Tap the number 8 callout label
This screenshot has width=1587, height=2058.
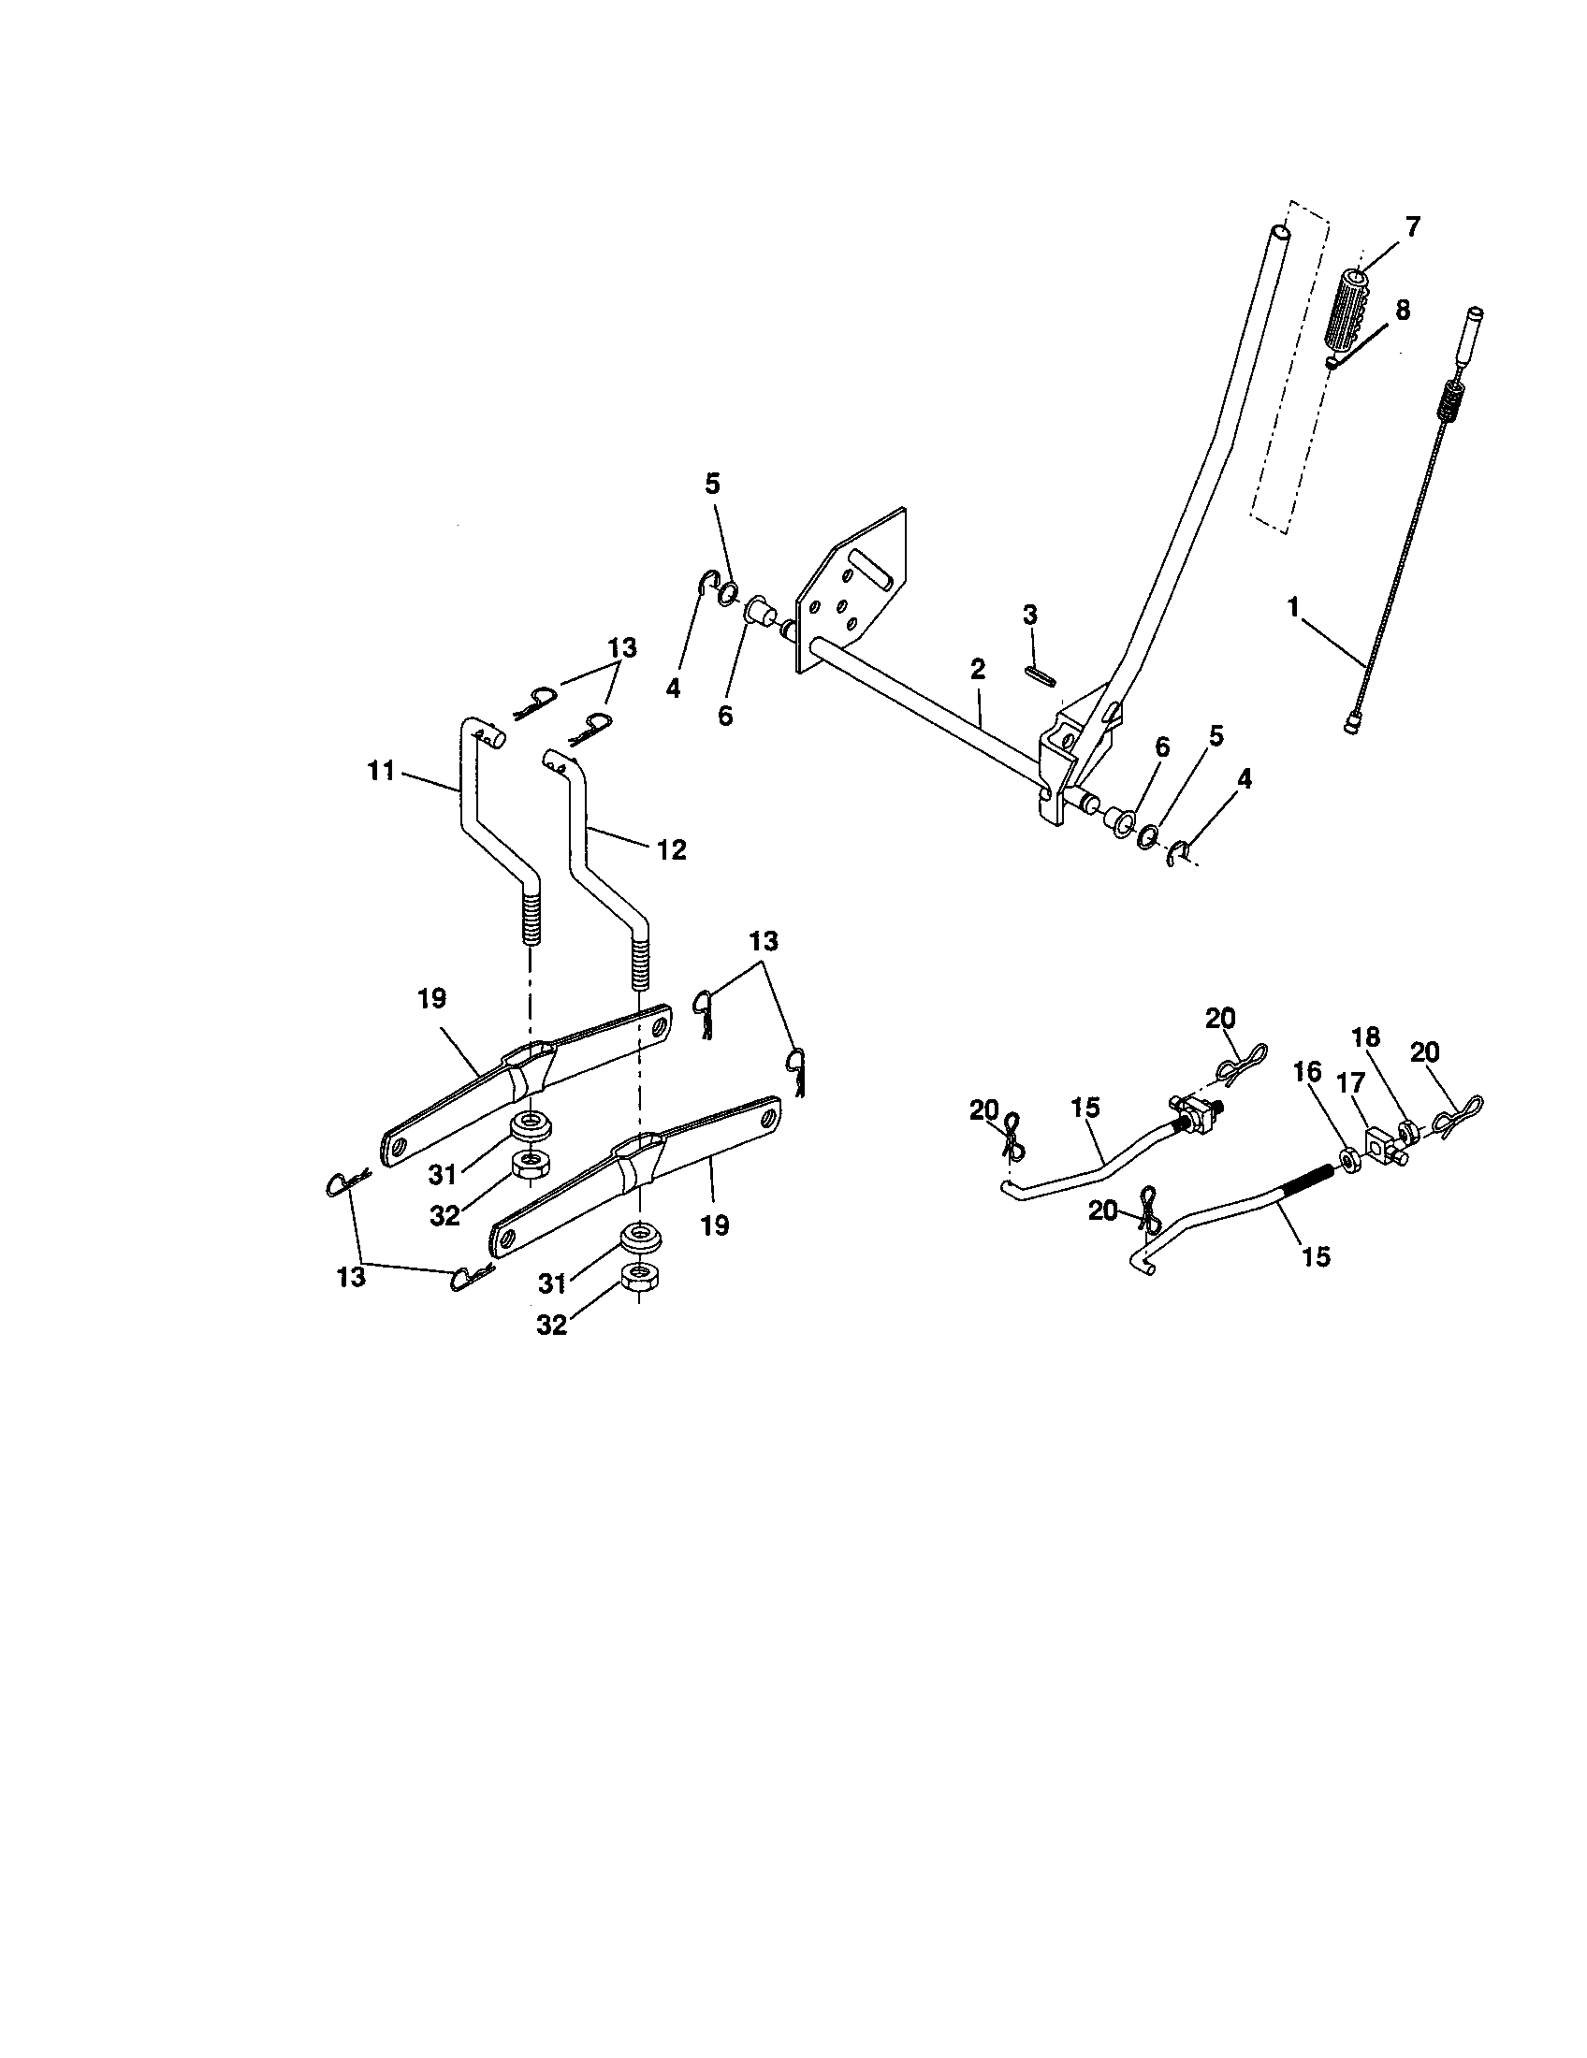coord(1402,311)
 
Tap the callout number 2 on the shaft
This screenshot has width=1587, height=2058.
coord(977,670)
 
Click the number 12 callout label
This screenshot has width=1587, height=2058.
coord(672,849)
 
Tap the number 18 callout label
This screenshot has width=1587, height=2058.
coord(1365,1038)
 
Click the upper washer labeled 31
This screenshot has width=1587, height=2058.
coord(531,1126)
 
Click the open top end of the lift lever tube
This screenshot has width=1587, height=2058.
coord(1278,231)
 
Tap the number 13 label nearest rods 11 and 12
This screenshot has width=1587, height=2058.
coord(622,647)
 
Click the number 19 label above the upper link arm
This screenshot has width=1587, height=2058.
coord(431,999)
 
